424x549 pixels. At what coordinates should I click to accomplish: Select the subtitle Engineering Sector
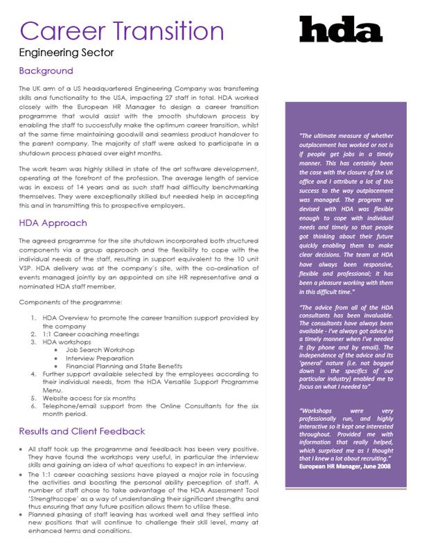pyautogui.click(x=66, y=52)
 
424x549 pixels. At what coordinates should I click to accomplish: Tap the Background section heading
pyautogui.click(x=46, y=71)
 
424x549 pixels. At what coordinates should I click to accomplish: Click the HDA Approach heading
pyautogui.click(x=53, y=223)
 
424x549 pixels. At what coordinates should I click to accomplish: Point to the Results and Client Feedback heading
pyautogui.click(x=82, y=431)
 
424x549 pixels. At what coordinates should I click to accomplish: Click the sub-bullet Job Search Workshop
pyautogui.click(x=100, y=350)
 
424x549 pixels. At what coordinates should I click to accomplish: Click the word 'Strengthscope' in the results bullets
pyautogui.click(x=48, y=498)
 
